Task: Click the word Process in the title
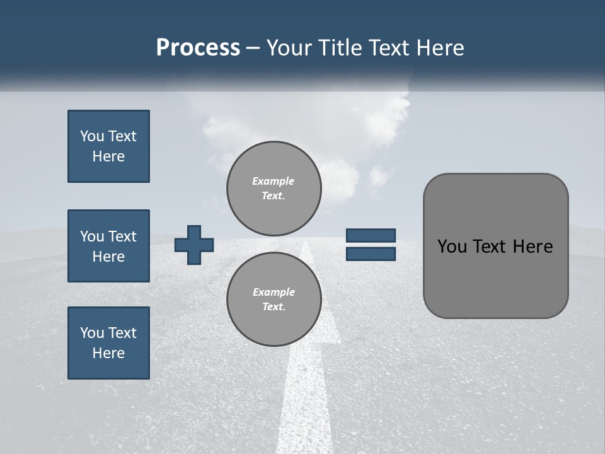point(198,48)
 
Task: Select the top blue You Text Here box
point(108,146)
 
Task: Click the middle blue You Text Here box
point(108,246)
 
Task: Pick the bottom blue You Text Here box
point(108,343)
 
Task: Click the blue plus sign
point(194,245)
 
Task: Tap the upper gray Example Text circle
point(274,188)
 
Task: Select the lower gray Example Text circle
point(274,300)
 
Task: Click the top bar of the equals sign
point(371,235)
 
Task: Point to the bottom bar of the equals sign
point(371,253)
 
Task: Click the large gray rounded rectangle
point(495,284)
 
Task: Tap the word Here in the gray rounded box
point(533,247)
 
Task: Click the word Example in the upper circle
point(274,181)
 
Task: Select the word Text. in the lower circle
point(274,307)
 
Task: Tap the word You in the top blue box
point(92,136)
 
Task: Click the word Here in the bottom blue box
point(108,353)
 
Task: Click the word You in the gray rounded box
point(452,247)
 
